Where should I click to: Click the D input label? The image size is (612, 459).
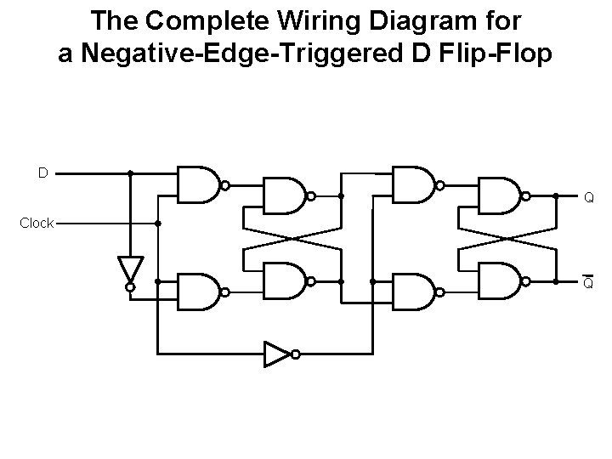pyautogui.click(x=42, y=173)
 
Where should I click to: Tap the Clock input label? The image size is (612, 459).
pyautogui.click(x=37, y=224)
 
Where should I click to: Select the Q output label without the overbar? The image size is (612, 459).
pyautogui.click(x=587, y=200)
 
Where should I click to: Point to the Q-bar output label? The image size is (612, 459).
pyautogui.click(x=587, y=283)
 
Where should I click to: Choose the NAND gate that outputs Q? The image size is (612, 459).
pyautogui.click(x=500, y=195)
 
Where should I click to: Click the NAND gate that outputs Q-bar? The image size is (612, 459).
pyautogui.click(x=500, y=280)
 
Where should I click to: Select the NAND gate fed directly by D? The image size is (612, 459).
pyautogui.click(x=198, y=184)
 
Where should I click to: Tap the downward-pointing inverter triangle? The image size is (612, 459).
pyautogui.click(x=130, y=269)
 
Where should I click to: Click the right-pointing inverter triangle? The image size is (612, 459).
pyautogui.click(x=276, y=354)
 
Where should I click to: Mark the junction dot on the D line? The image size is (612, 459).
pyautogui.click(x=130, y=173)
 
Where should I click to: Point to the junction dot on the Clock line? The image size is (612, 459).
pyautogui.click(x=158, y=224)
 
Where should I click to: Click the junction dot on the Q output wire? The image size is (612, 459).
pyautogui.click(x=555, y=195)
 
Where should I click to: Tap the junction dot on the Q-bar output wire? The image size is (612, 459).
pyautogui.click(x=555, y=280)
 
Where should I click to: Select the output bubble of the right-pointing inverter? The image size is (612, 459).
pyautogui.click(x=293, y=354)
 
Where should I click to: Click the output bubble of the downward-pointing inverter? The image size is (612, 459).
pyautogui.click(x=130, y=288)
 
